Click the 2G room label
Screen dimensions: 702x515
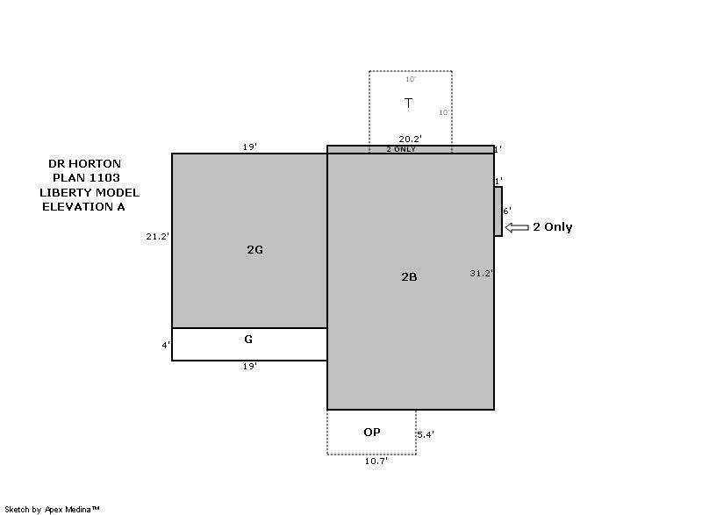(x=254, y=250)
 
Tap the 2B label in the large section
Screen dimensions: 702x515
(x=409, y=277)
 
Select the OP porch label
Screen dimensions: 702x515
(x=372, y=433)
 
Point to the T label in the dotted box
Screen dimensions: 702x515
(x=408, y=104)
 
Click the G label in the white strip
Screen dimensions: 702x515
(x=248, y=340)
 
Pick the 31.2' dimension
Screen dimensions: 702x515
(x=482, y=273)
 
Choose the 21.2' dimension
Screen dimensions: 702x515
(x=158, y=236)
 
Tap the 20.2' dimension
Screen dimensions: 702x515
(x=411, y=139)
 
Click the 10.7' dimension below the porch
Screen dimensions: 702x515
(x=376, y=461)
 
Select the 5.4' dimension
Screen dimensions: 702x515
(x=426, y=434)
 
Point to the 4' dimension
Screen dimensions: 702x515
(x=166, y=345)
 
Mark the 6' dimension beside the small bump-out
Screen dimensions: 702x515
(x=507, y=211)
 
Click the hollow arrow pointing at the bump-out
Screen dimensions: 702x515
(x=517, y=228)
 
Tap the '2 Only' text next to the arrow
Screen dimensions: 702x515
(x=553, y=227)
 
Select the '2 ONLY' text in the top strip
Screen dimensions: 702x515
(x=401, y=149)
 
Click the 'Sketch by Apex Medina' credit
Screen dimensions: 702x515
(x=52, y=509)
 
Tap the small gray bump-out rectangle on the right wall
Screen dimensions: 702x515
(x=498, y=211)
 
